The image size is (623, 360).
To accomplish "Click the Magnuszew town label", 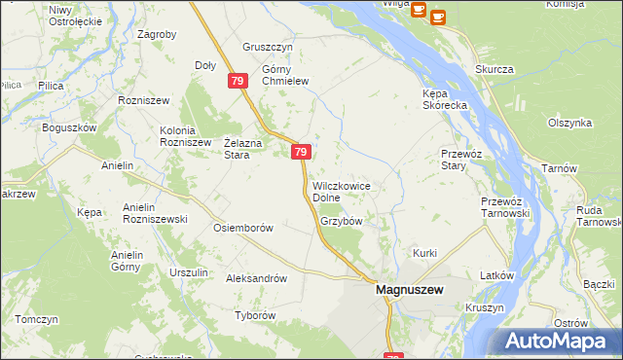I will [x=410, y=291].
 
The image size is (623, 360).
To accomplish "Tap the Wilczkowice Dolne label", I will [x=341, y=192].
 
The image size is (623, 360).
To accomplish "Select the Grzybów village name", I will [x=341, y=221].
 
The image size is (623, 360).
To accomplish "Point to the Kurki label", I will [x=425, y=253].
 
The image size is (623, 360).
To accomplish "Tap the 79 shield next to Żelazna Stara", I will [x=301, y=152].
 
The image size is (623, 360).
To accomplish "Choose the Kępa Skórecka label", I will [x=446, y=99].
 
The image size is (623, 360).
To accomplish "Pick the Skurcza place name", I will [x=494, y=69].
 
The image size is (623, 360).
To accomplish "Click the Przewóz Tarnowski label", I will [x=504, y=207].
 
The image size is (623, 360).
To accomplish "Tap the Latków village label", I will [x=496, y=275].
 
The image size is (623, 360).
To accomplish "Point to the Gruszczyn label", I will [x=268, y=47].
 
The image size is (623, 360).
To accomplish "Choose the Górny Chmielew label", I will [x=284, y=76].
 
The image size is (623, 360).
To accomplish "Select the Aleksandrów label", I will [x=257, y=277].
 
